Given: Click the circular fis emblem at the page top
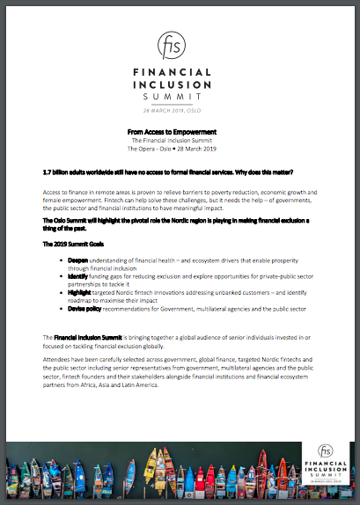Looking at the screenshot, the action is (x=179, y=46).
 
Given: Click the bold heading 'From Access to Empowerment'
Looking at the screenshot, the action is (x=179, y=131).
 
